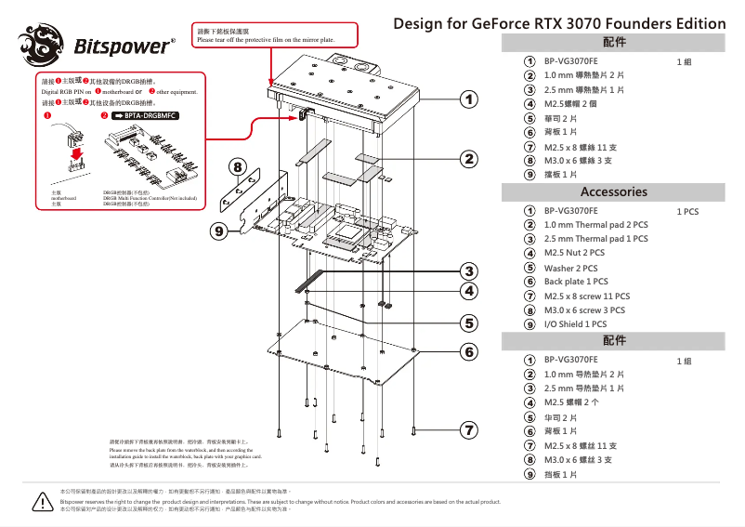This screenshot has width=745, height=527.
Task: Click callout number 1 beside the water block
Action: [x=470, y=98]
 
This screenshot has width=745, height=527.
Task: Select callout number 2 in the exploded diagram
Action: [x=470, y=159]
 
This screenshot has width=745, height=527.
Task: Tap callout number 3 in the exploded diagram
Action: [x=470, y=270]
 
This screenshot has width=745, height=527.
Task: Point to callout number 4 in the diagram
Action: [x=470, y=291]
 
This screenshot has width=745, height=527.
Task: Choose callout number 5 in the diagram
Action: [x=470, y=323]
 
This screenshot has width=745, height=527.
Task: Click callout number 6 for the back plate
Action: [x=470, y=351]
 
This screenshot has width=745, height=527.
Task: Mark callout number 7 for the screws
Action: [x=470, y=429]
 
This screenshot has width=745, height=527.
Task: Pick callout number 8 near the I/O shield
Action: [x=239, y=168]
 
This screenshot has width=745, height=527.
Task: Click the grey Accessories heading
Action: [x=613, y=192]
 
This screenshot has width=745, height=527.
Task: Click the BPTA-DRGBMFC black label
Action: [x=147, y=116]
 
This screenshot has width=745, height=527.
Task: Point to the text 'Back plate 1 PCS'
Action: [x=576, y=282]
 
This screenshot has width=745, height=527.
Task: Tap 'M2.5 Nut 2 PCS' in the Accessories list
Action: [x=574, y=253]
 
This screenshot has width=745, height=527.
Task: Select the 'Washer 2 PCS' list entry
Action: [x=570, y=268]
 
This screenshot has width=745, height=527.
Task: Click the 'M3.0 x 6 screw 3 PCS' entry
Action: [x=584, y=310]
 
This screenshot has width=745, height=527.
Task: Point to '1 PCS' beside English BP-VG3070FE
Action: [x=687, y=212]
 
